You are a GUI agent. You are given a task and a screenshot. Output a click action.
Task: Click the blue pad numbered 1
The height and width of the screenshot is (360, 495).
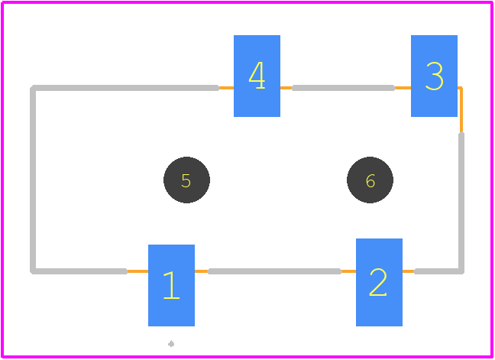click(x=171, y=285)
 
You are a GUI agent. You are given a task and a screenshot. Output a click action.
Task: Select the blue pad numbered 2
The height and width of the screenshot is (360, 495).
click(x=379, y=282)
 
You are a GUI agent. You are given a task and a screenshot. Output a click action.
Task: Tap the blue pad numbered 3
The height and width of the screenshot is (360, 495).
click(x=434, y=76)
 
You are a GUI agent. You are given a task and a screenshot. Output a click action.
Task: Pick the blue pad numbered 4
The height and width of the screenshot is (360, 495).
click(x=257, y=76)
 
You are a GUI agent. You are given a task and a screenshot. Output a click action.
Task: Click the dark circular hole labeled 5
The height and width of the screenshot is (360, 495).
click(x=186, y=180)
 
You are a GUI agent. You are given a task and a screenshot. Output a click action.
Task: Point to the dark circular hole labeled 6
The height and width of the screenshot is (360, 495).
click(x=370, y=180)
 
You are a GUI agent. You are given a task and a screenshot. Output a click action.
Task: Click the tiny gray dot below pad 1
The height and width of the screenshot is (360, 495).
click(x=171, y=344)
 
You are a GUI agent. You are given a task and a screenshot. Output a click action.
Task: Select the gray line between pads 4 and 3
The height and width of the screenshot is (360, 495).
click(x=343, y=88)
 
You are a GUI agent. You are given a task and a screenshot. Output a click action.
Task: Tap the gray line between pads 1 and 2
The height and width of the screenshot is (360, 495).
click(x=274, y=271)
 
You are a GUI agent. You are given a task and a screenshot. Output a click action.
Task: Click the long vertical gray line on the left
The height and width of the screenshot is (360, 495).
click(x=33, y=180)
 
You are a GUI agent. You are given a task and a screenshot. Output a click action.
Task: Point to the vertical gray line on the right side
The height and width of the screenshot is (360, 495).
click(x=461, y=203)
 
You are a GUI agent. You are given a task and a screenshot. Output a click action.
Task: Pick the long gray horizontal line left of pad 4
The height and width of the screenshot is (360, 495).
click(x=125, y=88)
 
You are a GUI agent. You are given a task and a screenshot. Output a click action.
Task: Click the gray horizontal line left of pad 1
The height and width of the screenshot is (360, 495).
click(x=79, y=271)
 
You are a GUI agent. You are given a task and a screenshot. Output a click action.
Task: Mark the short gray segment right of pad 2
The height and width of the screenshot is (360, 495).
click(x=438, y=271)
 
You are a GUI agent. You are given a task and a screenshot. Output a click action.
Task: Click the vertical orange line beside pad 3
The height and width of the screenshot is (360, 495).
click(x=461, y=109)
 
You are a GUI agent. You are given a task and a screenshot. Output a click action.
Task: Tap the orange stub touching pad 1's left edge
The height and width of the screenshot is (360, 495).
click(x=138, y=271)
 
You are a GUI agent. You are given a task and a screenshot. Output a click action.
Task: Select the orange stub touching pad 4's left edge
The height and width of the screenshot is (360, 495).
click(x=226, y=88)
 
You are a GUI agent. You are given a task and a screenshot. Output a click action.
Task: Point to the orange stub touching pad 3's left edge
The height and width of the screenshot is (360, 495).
click(x=403, y=88)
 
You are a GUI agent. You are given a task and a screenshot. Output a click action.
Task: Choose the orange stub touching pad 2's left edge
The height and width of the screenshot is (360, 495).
click(x=348, y=271)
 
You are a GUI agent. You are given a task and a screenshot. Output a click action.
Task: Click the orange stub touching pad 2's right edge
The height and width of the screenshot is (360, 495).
click(x=409, y=271)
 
